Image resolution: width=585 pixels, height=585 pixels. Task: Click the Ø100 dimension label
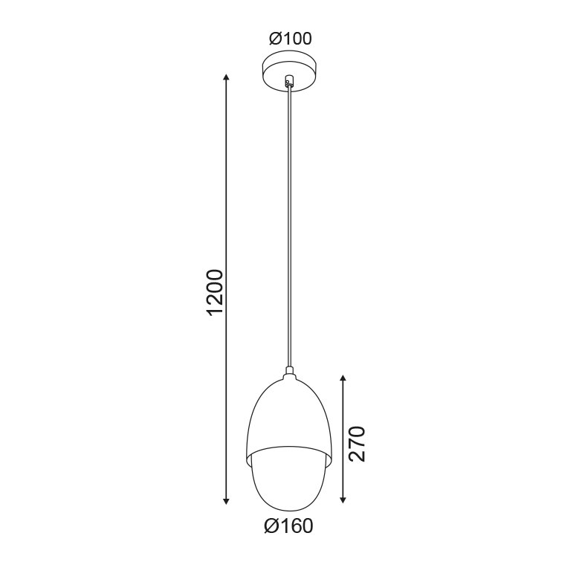pos(290,39)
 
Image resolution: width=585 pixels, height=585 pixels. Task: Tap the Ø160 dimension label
pos(288,526)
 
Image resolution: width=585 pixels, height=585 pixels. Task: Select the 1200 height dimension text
pos(216,292)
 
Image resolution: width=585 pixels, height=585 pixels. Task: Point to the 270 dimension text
pos(356,444)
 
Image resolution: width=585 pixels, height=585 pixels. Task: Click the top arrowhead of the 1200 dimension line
pos(226,77)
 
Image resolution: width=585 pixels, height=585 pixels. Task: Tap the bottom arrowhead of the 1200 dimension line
pos(226,501)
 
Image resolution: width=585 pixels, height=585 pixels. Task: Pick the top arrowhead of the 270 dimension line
pos(343,378)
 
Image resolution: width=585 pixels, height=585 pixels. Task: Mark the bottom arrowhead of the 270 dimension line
pos(343,500)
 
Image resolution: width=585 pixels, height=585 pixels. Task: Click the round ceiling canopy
pos(290,71)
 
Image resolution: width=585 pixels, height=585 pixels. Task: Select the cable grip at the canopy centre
pos(288,81)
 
